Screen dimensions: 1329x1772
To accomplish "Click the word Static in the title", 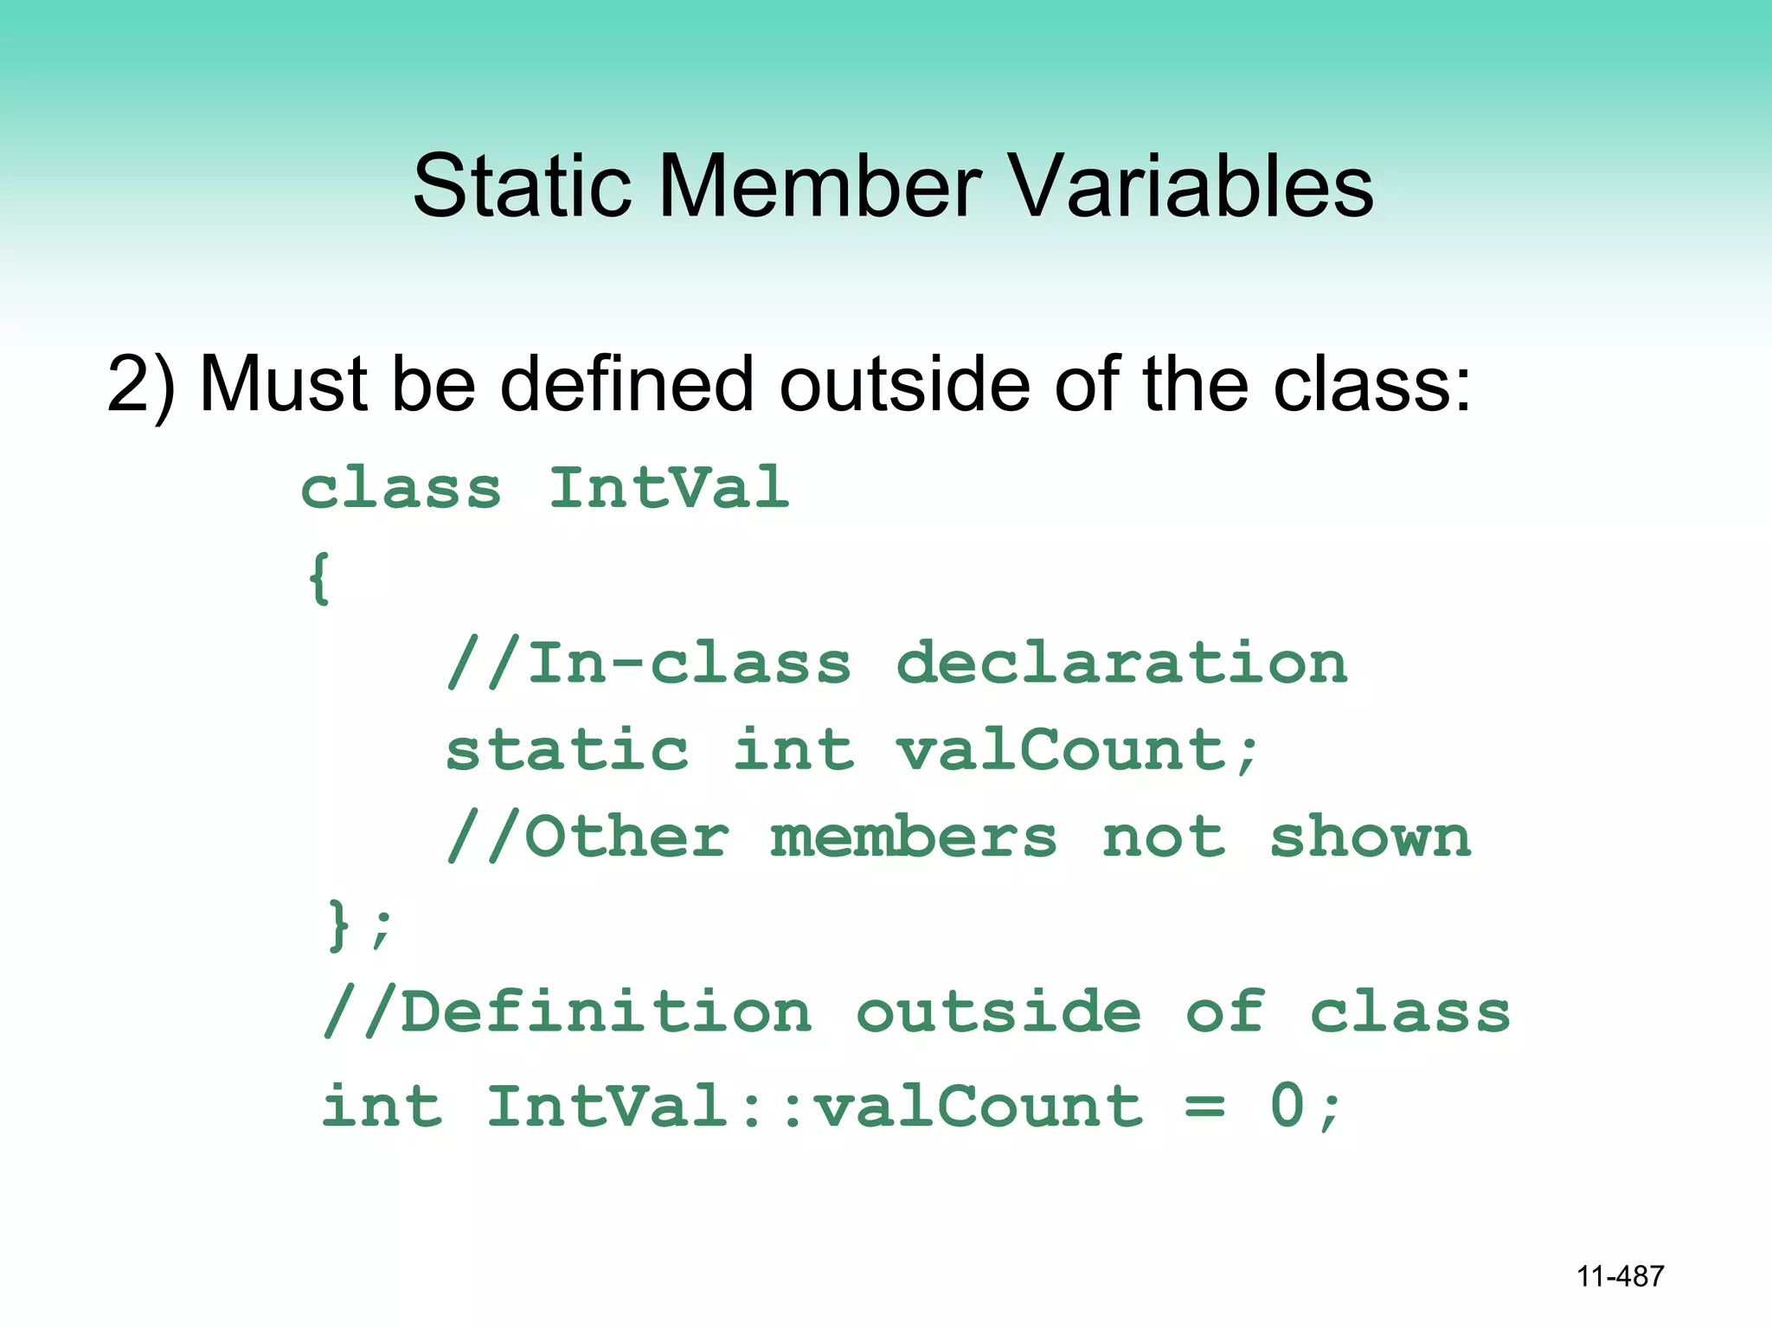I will tap(522, 186).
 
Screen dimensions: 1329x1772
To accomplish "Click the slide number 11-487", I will tap(1620, 1276).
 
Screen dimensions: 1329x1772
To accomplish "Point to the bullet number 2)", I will tap(141, 385).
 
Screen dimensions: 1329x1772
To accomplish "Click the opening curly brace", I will tap(319, 578).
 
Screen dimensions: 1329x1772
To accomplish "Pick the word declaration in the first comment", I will tap(1121, 664).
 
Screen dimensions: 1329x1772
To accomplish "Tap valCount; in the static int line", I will tap(1077, 750).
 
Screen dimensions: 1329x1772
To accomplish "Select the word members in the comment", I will tap(913, 838).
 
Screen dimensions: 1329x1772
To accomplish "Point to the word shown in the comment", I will tap(1370, 838).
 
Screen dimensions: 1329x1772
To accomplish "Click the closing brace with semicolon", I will tap(360, 926).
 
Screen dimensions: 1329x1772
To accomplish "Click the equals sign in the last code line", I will tap(1204, 1107).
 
